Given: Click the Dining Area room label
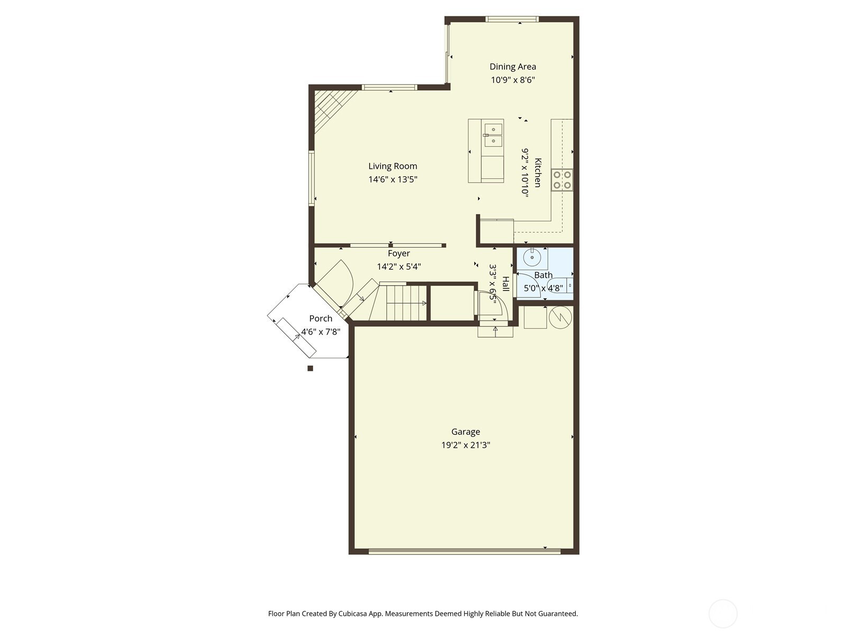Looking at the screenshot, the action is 512,67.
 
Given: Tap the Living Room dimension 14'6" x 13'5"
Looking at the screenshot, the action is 393,179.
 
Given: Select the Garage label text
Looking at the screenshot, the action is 466,432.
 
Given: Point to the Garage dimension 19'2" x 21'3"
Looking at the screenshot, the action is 466,445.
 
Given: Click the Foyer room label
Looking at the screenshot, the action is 399,253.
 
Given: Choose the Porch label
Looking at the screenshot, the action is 320,319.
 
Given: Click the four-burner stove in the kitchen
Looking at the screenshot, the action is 562,180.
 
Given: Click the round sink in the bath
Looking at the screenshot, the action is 532,258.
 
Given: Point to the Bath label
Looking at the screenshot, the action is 544,275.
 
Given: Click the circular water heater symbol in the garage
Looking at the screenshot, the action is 560,317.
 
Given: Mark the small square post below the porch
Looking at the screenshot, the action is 310,368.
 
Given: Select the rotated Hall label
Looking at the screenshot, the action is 505,284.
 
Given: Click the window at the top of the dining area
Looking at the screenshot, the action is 512,19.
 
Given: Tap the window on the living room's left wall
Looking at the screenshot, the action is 311,178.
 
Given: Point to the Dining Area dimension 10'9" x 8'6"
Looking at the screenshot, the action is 512,80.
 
